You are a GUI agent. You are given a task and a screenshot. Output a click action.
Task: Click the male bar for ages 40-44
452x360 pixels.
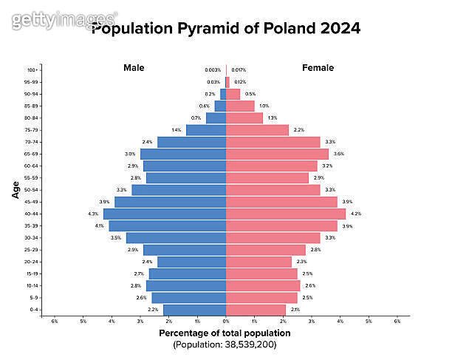pyautogui.click(x=165, y=214)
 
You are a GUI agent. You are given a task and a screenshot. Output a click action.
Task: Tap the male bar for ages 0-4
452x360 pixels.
pyautogui.click(x=194, y=310)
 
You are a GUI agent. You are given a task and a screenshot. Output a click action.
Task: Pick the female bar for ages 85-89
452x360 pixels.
pyautogui.click(x=240, y=106)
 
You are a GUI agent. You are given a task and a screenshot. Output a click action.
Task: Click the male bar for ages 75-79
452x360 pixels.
pyautogui.click(x=206, y=130)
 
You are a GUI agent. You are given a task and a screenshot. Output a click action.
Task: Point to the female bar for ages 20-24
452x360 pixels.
pyautogui.click(x=258, y=262)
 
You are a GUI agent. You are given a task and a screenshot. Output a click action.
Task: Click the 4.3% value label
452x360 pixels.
pyautogui.click(x=93, y=214)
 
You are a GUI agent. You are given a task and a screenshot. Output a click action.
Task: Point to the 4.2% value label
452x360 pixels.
pyautogui.click(x=356, y=214)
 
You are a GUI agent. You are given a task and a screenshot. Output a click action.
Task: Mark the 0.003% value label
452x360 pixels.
pyautogui.click(x=213, y=70)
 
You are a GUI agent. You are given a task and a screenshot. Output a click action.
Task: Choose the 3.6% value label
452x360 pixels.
pyautogui.click(x=339, y=154)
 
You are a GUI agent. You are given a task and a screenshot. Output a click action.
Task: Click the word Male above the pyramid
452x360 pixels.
pyautogui.click(x=134, y=68)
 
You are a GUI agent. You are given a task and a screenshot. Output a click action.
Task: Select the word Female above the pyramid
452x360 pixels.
pyautogui.click(x=318, y=68)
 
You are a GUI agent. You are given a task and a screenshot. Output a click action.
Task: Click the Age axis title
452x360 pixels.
pyautogui.click(x=16, y=190)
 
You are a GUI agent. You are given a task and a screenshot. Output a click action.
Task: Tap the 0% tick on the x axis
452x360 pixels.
pyautogui.click(x=226, y=321)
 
